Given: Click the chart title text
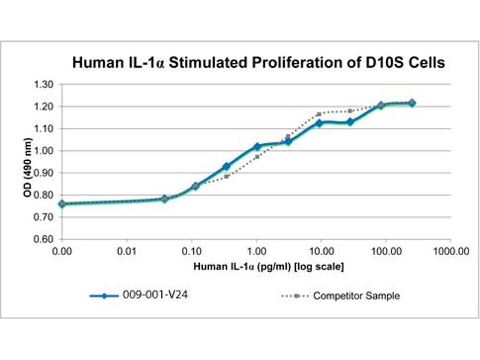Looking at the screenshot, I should coord(258,62).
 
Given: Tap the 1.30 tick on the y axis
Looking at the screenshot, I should coord(44,84).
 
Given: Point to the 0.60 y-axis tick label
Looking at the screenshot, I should coord(44,239).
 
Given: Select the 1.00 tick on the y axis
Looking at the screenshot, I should coord(44,151).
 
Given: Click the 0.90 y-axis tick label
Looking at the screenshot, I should coord(44,173).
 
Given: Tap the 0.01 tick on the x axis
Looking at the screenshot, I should coord(127,253).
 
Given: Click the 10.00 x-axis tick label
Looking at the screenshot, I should coord(321,253).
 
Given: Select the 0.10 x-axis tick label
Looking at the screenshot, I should coord(191,253).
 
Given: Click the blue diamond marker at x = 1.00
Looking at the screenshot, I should coord(257,146).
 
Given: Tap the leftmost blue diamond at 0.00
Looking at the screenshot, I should coord(62,204).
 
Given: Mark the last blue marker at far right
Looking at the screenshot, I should coord(412,103).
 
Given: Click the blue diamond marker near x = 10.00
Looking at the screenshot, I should coord(320,123).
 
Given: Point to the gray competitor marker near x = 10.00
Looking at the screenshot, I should coord(320,113).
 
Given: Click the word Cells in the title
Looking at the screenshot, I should coord(425,62).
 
